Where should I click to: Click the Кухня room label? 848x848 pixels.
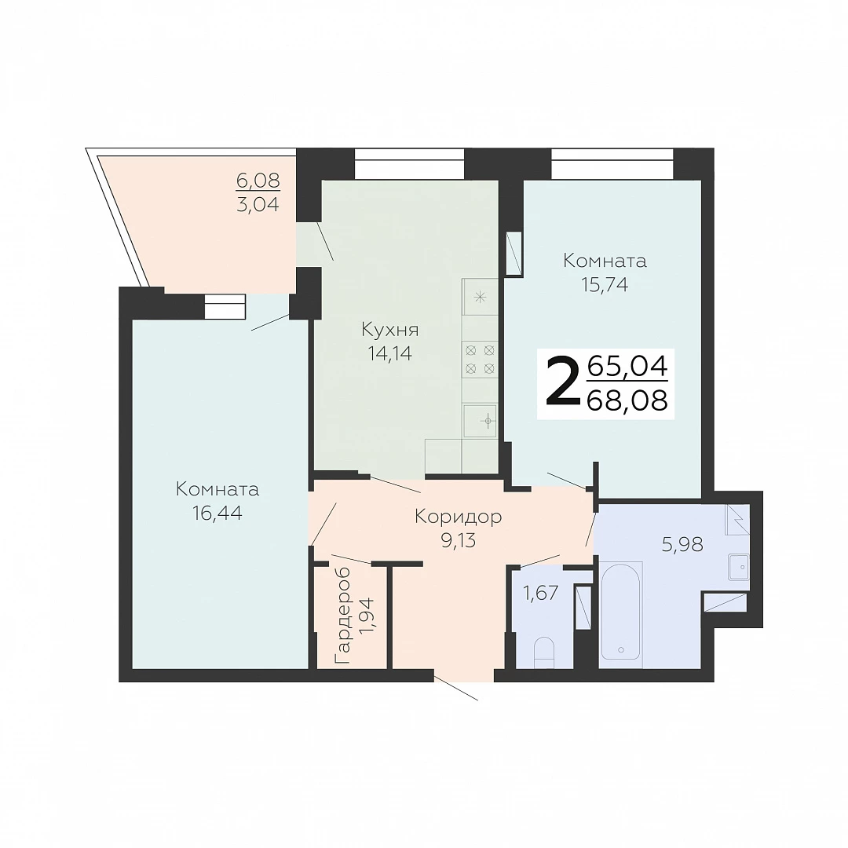point(390,331)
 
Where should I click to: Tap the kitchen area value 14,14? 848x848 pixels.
point(390,353)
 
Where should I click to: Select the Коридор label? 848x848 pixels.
point(458,517)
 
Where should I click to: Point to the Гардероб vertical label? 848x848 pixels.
point(342,616)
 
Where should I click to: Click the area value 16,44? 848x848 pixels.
point(217,513)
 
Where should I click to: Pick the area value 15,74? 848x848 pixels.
point(605,284)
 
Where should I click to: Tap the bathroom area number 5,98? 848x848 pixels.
point(682,545)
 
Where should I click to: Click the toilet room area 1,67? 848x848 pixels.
point(541,594)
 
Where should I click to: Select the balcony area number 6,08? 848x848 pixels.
point(258,180)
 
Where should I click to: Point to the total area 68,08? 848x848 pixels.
point(627,400)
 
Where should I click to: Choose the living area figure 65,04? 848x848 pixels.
point(627,366)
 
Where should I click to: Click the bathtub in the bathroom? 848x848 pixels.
point(621,612)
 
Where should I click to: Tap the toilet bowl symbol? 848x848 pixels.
point(543,652)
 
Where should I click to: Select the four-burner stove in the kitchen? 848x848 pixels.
point(480,359)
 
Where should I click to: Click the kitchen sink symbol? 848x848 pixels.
point(481,420)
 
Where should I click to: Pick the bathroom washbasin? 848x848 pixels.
point(738,566)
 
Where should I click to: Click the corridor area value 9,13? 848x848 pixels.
point(458,540)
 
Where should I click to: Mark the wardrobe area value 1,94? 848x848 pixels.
point(366,616)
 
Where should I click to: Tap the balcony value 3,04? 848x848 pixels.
point(258,204)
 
